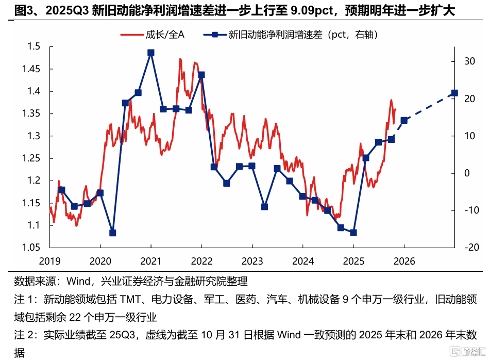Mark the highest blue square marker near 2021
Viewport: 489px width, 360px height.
150,53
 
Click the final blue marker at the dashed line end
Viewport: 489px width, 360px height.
454,93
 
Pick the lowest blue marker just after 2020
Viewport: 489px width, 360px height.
113,233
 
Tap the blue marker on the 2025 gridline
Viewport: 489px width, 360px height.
353,233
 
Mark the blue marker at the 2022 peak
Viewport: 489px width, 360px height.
201,75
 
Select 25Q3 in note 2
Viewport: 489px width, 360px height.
122,335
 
